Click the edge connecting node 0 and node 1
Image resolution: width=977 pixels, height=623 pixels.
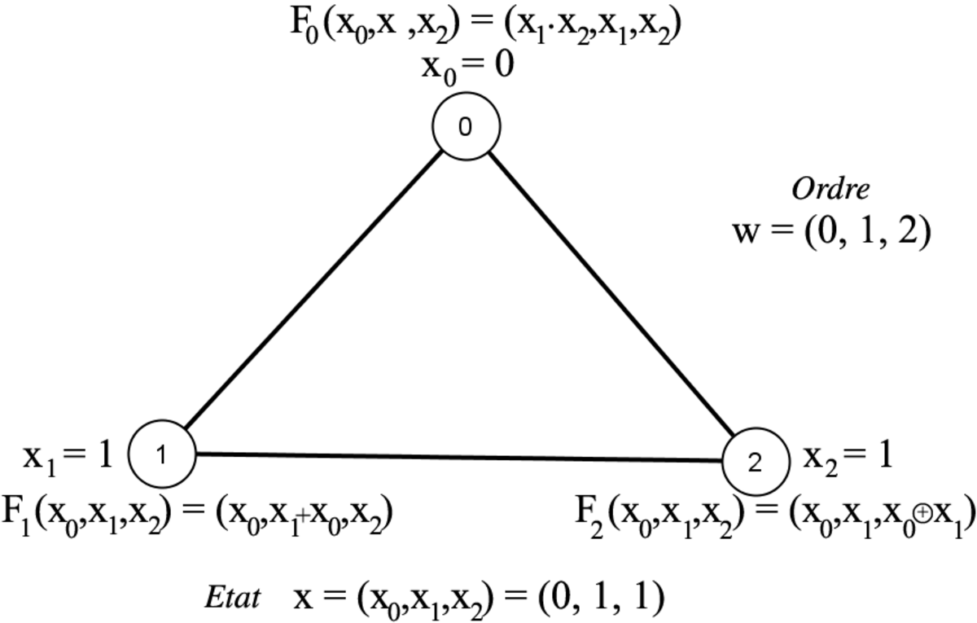pyautogui.click(x=313, y=291)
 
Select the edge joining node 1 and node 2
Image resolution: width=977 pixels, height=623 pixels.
pyautogui.click(x=459, y=458)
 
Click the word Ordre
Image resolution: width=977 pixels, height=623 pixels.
pyautogui.click(x=831, y=190)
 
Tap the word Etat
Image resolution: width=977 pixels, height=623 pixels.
pyautogui.click(x=233, y=597)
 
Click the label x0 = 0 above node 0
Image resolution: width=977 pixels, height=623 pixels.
pyautogui.click(x=467, y=68)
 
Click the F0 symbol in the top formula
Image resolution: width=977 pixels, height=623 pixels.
pyautogui.click(x=304, y=28)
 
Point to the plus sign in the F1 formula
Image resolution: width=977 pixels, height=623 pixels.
pyautogui.click(x=304, y=516)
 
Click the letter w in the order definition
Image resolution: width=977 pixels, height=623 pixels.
pyautogui.click(x=747, y=233)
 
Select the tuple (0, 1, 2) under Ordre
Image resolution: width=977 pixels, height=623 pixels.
pyautogui.click(x=868, y=233)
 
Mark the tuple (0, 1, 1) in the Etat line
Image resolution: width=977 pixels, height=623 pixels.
pyautogui.click(x=602, y=597)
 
